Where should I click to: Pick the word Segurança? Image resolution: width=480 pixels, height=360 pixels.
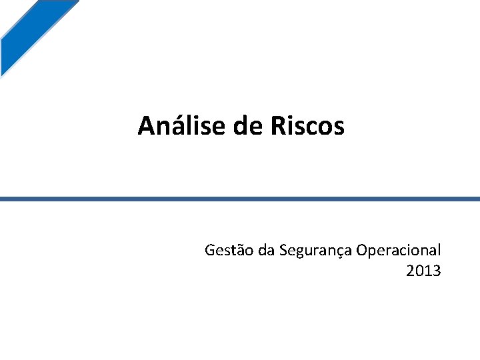point(315,251)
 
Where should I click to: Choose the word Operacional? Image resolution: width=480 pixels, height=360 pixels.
point(399,251)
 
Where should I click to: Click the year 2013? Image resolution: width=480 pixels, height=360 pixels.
point(423,271)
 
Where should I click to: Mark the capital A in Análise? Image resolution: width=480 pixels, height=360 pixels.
point(146,125)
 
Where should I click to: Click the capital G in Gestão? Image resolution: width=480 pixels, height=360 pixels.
point(210,251)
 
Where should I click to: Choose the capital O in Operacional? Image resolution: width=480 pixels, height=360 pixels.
point(362,251)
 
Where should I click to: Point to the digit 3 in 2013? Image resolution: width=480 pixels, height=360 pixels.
point(437,271)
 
